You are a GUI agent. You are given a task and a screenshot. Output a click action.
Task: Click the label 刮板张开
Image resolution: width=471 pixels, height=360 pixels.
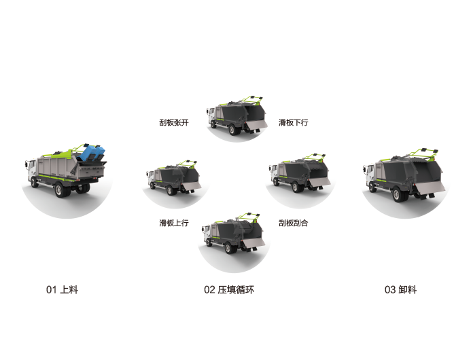tap(174, 122)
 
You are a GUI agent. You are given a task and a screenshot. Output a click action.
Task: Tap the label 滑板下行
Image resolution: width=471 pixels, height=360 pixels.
tap(293, 122)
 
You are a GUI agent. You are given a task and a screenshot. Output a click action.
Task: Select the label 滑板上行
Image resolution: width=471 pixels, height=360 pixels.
tap(174, 223)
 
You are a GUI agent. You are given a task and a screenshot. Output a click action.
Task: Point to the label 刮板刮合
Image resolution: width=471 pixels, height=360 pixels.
tap(293, 223)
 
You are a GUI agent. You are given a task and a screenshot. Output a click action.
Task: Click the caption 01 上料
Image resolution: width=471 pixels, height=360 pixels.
tap(62, 290)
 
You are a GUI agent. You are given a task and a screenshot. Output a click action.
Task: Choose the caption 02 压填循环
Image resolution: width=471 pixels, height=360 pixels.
tap(229, 290)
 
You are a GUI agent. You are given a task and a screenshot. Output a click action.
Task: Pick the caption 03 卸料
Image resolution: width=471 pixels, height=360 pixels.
tap(400, 290)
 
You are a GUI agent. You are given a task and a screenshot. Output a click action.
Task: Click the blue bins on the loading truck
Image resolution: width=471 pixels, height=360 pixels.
tap(93, 153)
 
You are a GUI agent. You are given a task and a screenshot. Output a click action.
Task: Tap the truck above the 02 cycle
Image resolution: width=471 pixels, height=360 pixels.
tap(237, 115)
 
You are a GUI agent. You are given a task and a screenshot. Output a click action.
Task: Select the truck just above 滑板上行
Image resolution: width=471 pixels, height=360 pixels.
tap(173, 178)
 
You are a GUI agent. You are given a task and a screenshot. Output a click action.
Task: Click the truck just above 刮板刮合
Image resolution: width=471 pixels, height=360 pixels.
tap(300, 173)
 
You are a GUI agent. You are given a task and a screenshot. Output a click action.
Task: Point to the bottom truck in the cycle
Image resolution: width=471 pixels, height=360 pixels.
tap(234, 233)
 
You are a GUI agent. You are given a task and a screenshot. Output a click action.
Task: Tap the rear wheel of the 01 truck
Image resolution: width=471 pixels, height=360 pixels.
tap(60, 190)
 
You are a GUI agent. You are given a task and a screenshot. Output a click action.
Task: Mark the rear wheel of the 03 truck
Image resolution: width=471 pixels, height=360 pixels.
tap(398, 194)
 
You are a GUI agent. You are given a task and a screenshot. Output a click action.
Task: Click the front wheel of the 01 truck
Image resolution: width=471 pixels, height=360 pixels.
tap(35, 182)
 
